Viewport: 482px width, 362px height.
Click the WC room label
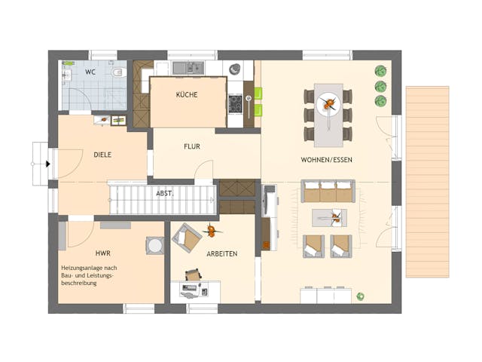coord(90,72)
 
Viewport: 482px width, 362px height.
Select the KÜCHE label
coord(187,95)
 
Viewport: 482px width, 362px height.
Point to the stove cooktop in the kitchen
coord(235,103)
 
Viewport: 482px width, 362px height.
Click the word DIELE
coord(102,155)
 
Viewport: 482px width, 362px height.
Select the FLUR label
coord(191,146)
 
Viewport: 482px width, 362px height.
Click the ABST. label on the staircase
coord(165,192)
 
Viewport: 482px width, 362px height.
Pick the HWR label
coord(102,254)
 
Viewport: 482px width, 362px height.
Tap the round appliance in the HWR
coord(155,245)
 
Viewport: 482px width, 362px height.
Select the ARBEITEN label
coord(222,254)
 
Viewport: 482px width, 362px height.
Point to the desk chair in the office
coord(193,275)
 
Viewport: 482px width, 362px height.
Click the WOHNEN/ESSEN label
coord(326,160)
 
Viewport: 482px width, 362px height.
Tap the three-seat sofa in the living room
coord(328,191)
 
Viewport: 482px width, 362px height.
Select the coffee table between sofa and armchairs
coord(329,218)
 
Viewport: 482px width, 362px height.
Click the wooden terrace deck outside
coord(427,181)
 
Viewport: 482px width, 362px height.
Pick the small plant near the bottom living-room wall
coord(361,296)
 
